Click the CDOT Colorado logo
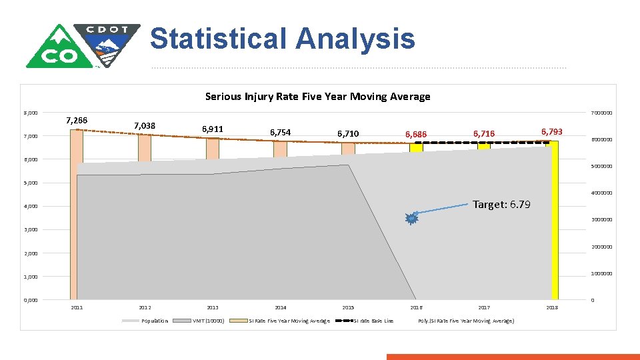pos(83,45)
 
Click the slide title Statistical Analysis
pos(282,39)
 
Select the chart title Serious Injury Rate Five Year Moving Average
pos(317,97)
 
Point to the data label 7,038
pos(145,125)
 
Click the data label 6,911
pos(212,129)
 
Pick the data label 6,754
pos(280,133)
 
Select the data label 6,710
pos(348,134)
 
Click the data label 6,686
pos(416,135)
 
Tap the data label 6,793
pos(552,132)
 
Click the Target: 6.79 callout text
pos(501,205)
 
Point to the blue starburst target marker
pos(412,218)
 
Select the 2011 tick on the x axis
pos(77,307)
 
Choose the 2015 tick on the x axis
pos(348,307)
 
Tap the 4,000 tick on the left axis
pos(31,206)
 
